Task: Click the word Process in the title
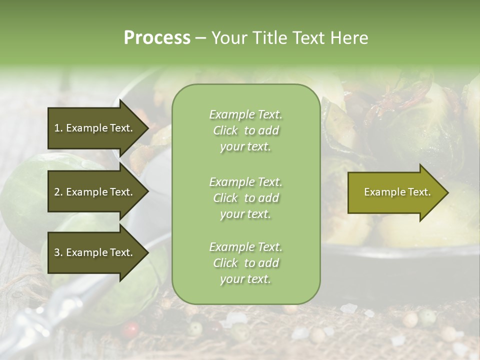pyautogui.click(x=157, y=38)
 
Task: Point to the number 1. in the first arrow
pyautogui.click(x=58, y=128)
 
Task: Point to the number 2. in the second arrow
pyautogui.click(x=58, y=192)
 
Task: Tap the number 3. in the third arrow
pyautogui.click(x=58, y=252)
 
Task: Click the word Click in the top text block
pyautogui.click(x=225, y=130)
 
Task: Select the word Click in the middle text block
pyautogui.click(x=225, y=198)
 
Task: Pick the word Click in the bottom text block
pyautogui.click(x=225, y=263)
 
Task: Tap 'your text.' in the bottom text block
pyautogui.click(x=245, y=279)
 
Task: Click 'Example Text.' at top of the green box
pyautogui.click(x=245, y=114)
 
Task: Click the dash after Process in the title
pyautogui.click(x=200, y=38)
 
